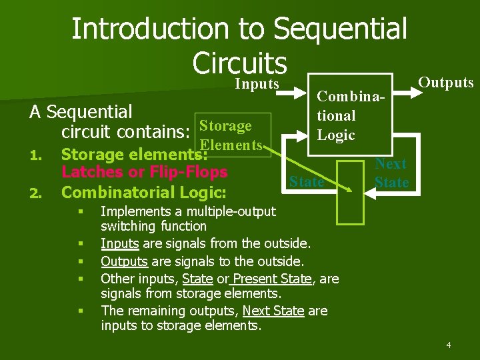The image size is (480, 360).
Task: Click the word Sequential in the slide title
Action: [x=340, y=29]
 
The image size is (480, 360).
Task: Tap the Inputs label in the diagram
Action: [x=257, y=84]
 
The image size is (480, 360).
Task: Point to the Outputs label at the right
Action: [x=445, y=83]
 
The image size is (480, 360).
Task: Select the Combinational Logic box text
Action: [x=336, y=115]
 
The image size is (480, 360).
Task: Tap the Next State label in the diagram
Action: [x=391, y=173]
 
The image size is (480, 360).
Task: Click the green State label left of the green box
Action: [x=307, y=181]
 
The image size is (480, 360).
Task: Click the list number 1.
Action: [x=37, y=155]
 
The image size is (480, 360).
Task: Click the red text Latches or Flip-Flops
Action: [x=144, y=172]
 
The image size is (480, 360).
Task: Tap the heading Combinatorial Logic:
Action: [x=144, y=193]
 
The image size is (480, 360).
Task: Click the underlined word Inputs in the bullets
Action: [x=119, y=243]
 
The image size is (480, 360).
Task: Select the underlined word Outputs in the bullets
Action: [x=123, y=261]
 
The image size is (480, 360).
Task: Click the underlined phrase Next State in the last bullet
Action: [x=273, y=311]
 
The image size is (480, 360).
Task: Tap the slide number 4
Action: [x=449, y=345]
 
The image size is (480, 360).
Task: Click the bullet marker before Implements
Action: [x=79, y=212]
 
